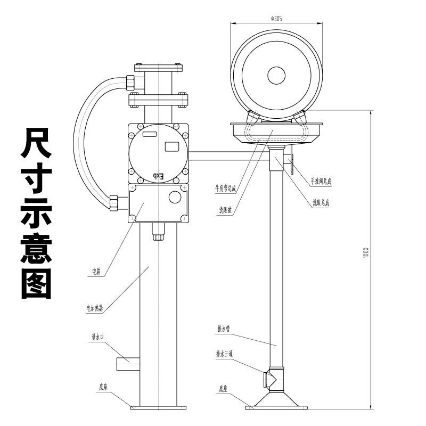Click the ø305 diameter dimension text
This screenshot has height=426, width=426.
(x=276, y=18)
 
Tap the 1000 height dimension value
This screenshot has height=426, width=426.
(x=365, y=253)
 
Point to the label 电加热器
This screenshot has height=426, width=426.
(x=94, y=307)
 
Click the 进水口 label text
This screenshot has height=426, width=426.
(x=97, y=337)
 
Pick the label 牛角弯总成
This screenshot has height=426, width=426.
(x=225, y=188)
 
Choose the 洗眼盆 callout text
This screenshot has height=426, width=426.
(x=225, y=210)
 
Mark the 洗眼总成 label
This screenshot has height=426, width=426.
(x=321, y=202)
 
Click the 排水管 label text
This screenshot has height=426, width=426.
(x=223, y=329)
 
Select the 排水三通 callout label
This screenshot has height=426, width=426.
(x=224, y=354)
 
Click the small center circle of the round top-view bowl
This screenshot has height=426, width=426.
(x=276, y=75)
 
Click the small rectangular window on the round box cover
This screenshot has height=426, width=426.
(x=171, y=146)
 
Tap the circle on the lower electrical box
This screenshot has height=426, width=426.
(x=175, y=197)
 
